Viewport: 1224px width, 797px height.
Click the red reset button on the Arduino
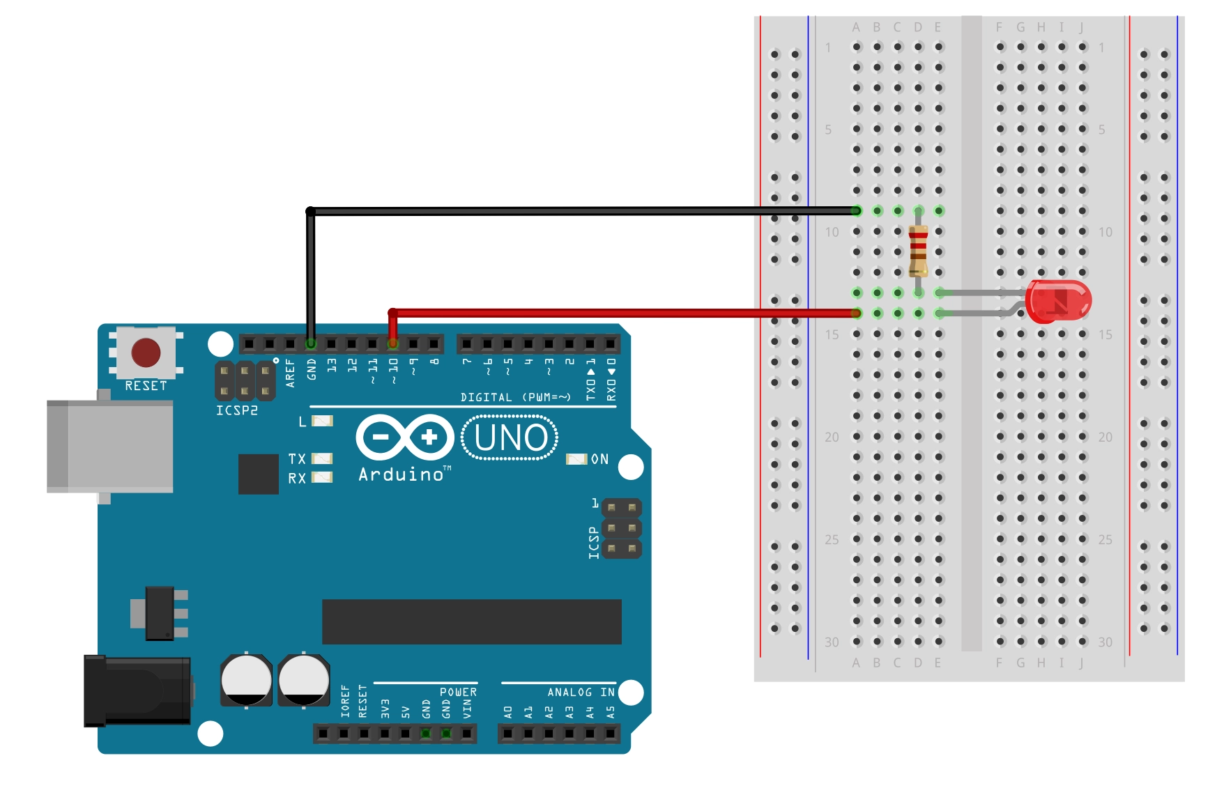coord(146,353)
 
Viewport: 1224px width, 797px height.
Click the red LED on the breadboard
coord(1058,302)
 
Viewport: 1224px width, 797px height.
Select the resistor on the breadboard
coord(918,251)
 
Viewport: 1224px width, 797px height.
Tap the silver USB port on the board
coord(110,447)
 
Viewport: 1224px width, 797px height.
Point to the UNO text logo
coord(510,438)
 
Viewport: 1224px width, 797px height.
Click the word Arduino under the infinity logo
coord(401,474)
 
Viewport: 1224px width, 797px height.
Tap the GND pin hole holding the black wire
coord(311,343)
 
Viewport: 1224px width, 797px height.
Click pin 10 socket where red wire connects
coord(393,343)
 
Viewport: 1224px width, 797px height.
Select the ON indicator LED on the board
coord(576,459)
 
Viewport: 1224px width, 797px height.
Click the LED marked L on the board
coord(322,421)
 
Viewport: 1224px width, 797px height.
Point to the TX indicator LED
coord(322,458)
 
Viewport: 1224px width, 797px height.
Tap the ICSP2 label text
coord(237,410)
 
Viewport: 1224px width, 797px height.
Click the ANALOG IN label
coord(581,692)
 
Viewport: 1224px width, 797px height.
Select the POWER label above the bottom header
coord(458,692)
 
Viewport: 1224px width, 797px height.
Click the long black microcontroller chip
coord(471,621)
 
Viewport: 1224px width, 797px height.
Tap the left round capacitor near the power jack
coord(246,680)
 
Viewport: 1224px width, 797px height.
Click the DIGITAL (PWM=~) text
coord(515,397)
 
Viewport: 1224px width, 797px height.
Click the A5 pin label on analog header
coord(611,712)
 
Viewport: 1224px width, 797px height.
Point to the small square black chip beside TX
coord(259,474)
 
